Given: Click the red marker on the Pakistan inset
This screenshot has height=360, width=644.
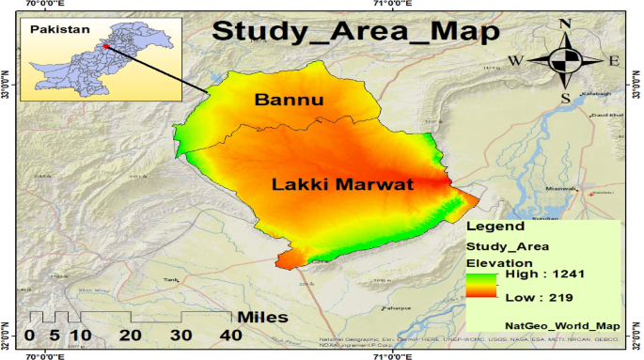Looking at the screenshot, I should [106, 44].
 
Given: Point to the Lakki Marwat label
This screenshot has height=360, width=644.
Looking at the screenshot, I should [342, 184].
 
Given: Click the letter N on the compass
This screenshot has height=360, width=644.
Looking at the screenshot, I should [565, 24].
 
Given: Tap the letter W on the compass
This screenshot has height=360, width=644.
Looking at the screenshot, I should [515, 61].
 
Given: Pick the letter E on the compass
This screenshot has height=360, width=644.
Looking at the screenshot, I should [613, 61].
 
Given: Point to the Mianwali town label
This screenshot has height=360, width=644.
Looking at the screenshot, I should [560, 190].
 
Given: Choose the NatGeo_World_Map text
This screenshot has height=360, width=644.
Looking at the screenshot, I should [551, 325].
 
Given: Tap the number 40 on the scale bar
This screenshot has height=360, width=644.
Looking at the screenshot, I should [230, 336].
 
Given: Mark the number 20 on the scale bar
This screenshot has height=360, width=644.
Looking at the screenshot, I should [131, 336].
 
